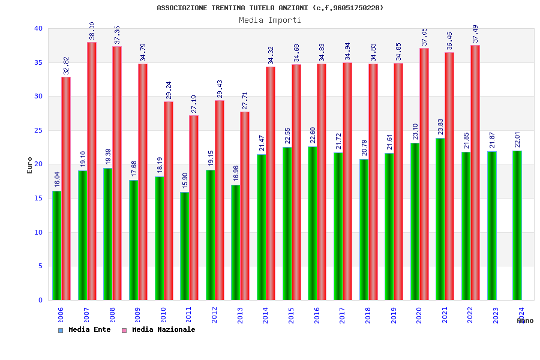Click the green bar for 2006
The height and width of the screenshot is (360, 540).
[56, 245]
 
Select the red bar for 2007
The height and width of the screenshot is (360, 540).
[92, 171]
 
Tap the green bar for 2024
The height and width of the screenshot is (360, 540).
[517, 225]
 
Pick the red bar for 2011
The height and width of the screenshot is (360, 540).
[194, 208]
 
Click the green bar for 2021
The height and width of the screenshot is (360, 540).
[440, 219]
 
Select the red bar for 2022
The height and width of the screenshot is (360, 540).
[475, 172]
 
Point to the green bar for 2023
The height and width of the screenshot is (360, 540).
[491, 226]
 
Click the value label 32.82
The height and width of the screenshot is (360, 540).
[66, 65]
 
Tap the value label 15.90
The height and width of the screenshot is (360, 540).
[185, 181]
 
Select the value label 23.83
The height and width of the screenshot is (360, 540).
[440, 127]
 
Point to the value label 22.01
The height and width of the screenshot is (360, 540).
[517, 140]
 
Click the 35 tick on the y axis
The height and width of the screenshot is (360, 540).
[38, 62]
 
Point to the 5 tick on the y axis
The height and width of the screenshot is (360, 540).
[40, 266]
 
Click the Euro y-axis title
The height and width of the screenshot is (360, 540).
[29, 165]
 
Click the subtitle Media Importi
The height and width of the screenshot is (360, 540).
[270, 20]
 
